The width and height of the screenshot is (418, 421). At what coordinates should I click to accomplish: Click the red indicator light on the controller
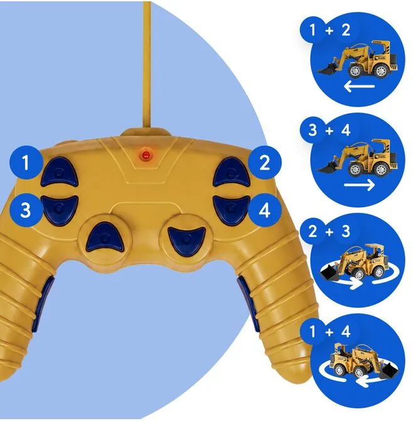click(x=146, y=155)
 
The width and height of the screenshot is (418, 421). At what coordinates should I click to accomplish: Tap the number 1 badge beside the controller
click(x=26, y=162)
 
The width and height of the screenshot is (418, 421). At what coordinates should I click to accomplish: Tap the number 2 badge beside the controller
click(x=265, y=162)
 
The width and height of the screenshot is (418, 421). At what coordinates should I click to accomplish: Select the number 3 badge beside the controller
click(x=26, y=210)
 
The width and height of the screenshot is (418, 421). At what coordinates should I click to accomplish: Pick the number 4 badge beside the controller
click(x=265, y=210)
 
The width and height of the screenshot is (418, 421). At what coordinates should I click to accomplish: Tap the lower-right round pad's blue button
click(x=186, y=239)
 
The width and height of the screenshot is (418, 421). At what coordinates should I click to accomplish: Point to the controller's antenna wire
click(x=147, y=65)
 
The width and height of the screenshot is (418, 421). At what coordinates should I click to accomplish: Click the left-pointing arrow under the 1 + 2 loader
click(x=359, y=87)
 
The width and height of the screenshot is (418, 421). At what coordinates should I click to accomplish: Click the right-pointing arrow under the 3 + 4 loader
click(x=359, y=185)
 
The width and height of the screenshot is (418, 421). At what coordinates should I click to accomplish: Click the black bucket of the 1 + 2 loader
click(x=329, y=68)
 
